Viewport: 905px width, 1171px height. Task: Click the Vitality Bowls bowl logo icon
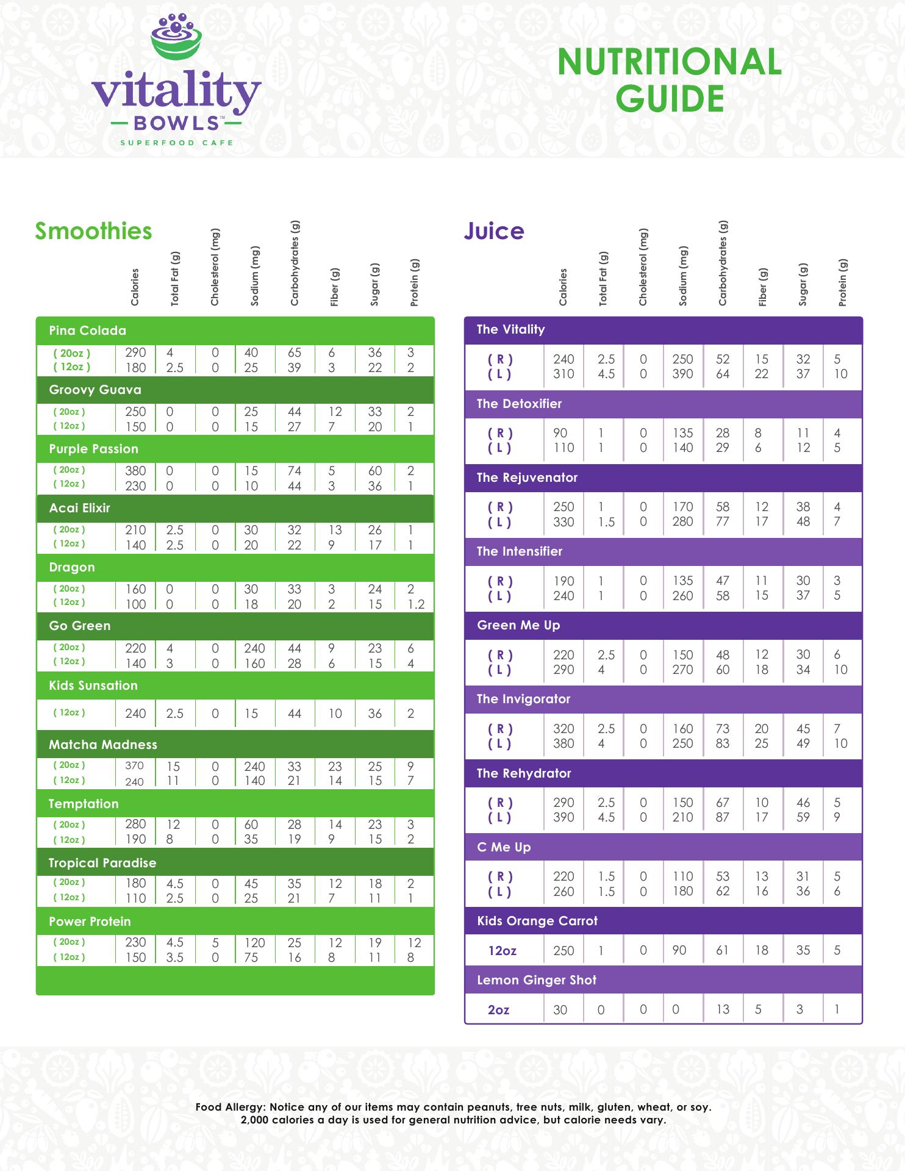coord(176,38)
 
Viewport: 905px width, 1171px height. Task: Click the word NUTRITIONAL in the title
coord(669,63)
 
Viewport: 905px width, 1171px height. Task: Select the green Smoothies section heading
coord(93,231)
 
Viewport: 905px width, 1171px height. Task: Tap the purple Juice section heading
coord(494,231)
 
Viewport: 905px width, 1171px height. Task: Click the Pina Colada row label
coord(87,331)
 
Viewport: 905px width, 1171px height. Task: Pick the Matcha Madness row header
coord(103,745)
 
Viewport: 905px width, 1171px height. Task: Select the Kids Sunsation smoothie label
coord(93,686)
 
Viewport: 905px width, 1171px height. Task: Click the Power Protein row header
coord(90,922)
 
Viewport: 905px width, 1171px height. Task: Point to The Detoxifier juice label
coord(519,404)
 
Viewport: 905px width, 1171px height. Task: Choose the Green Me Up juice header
coord(518,625)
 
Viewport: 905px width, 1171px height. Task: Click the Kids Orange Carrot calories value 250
coord(563,950)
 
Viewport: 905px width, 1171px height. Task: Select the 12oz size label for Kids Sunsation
coord(69,712)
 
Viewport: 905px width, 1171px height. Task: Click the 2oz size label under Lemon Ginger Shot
coord(498,1010)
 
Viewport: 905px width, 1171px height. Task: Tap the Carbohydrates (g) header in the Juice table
coord(723,263)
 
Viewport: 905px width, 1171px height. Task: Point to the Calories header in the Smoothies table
coord(135,287)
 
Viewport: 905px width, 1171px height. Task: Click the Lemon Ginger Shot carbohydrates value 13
coord(723,1010)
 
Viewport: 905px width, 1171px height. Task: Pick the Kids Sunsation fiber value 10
coord(335,714)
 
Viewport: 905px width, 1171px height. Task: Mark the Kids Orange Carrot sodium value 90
coord(679,950)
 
